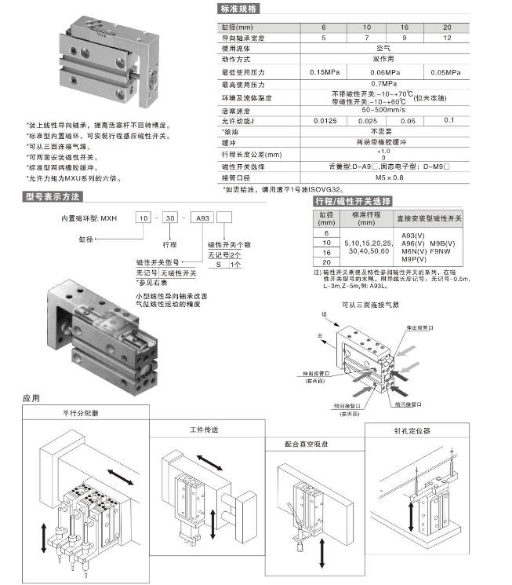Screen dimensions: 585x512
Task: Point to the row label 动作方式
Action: pos(236,59)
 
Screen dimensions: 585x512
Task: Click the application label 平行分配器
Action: pos(78,412)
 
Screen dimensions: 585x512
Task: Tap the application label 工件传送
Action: pos(205,430)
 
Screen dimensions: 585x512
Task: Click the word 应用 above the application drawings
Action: pos(31,399)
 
